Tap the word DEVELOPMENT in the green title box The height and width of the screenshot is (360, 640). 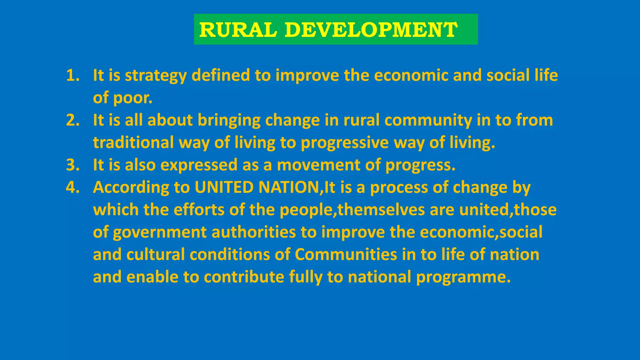point(371,30)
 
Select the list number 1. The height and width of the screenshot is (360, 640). point(72,75)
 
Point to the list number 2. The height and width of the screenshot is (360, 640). point(72,120)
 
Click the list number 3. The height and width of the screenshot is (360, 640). point(72,165)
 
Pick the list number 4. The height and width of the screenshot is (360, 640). point(72,187)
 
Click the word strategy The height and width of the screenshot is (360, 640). point(156,76)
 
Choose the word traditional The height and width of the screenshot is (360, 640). point(133,142)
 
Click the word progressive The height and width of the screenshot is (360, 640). point(344,143)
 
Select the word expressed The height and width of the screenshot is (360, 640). point(199,165)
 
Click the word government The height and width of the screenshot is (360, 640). point(160,232)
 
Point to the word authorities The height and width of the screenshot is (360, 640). point(253,232)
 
